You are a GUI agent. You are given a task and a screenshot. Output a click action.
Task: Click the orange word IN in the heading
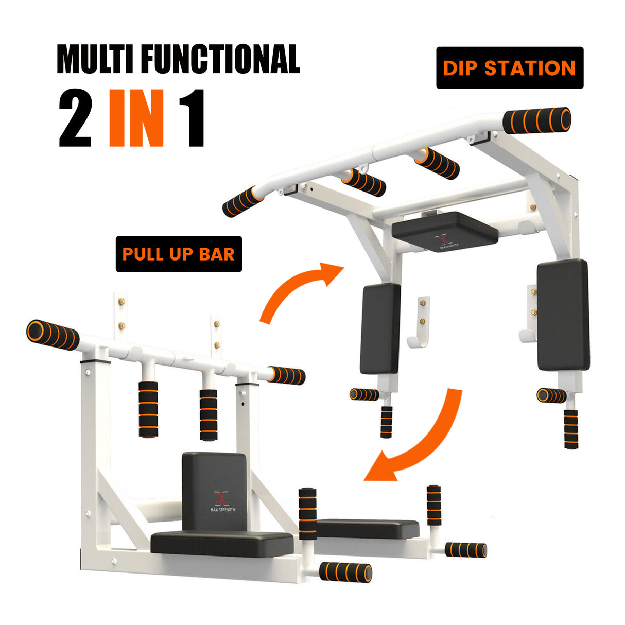pos(136,119)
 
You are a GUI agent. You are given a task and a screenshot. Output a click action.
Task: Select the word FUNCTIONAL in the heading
pos(220,60)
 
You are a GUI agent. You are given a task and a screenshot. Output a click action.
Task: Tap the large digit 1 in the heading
pos(191,119)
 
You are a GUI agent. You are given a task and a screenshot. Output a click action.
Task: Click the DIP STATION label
pos(509,68)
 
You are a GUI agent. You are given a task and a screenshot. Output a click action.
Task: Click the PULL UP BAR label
pos(179,254)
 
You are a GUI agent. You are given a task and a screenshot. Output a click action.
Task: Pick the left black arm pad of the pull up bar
pos(380,329)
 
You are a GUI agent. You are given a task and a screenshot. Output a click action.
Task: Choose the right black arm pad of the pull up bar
pos(562,315)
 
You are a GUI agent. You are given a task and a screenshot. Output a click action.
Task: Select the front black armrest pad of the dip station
pos(221,543)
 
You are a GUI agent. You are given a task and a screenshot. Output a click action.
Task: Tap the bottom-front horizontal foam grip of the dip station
pos(345,572)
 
